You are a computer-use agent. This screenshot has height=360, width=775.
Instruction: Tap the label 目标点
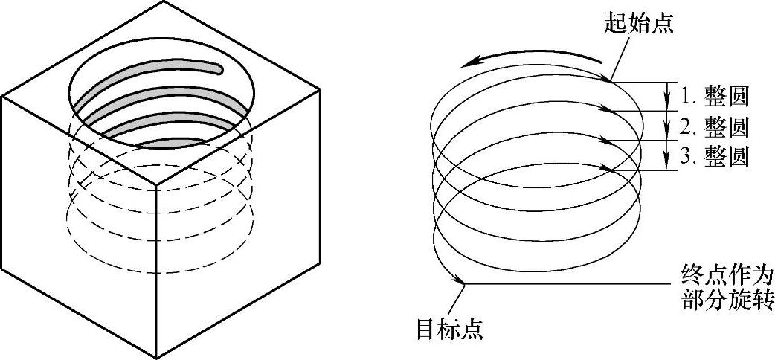pos(450,328)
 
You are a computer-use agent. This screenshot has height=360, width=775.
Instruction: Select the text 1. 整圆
pos(715,97)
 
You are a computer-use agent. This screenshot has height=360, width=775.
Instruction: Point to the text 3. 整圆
pos(715,157)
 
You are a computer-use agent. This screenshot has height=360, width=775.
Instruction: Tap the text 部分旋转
pos(727,299)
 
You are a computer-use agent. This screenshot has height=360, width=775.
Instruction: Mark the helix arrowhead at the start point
pos(606,77)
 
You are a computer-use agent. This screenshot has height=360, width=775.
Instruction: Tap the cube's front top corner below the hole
pos(156,185)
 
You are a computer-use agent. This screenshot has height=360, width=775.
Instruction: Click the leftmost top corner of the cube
pos(2,97)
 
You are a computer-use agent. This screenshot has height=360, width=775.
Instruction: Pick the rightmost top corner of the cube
pos(321,90)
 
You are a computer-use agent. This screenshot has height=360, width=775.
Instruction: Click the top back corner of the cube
pos(163,1)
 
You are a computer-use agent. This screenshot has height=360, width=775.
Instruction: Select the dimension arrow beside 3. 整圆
pos(666,155)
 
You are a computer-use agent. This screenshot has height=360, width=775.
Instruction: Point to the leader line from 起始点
pos(621,58)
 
